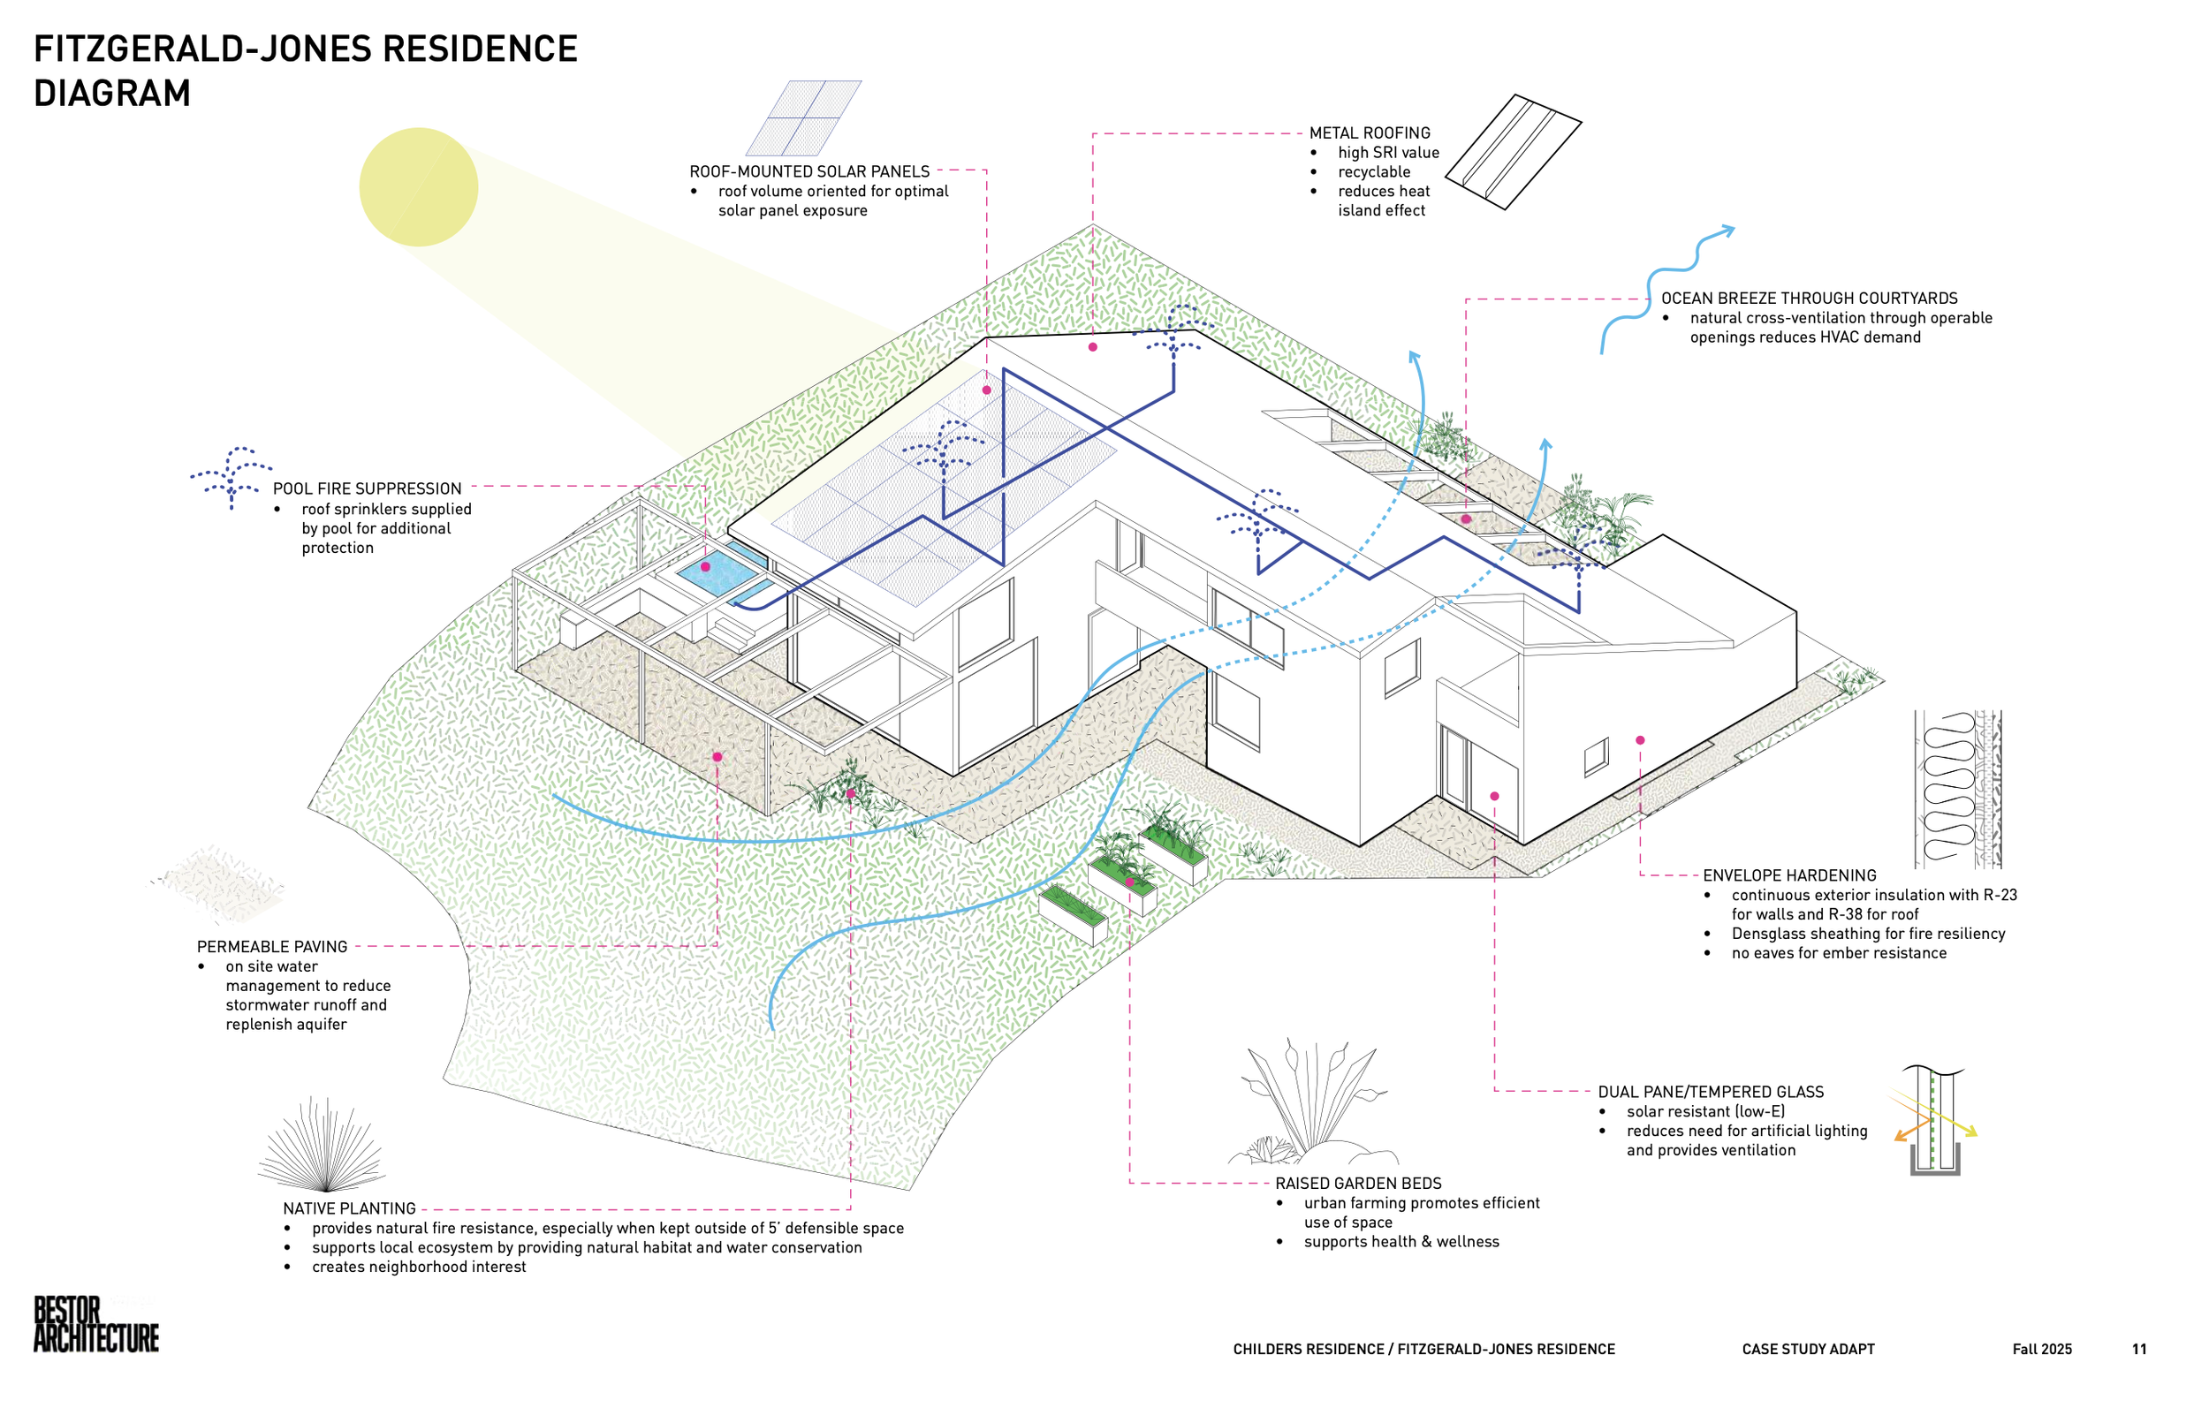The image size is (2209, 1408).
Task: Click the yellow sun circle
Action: [418, 187]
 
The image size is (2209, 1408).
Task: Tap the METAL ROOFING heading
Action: [1369, 133]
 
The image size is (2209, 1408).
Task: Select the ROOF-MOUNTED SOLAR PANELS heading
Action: [809, 171]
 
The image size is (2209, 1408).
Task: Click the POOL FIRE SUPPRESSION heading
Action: [367, 488]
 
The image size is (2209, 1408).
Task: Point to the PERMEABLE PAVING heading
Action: [271, 947]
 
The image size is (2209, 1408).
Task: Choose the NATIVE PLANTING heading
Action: [349, 1209]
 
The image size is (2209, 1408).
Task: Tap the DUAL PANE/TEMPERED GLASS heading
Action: [1710, 1092]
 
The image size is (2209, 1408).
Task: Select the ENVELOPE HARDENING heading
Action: [1789, 875]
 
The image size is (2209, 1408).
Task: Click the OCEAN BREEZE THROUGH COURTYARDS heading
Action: [1809, 298]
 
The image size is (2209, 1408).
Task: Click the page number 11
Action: [2139, 1350]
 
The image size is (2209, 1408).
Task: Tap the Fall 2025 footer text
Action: [2042, 1350]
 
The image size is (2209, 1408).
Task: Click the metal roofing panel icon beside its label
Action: [1512, 151]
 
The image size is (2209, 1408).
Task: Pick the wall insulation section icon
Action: [1956, 789]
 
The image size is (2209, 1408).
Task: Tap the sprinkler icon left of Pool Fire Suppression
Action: [232, 475]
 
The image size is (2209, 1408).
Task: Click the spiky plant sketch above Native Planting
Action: [322, 1147]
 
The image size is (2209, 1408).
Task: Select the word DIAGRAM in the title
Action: [112, 94]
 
